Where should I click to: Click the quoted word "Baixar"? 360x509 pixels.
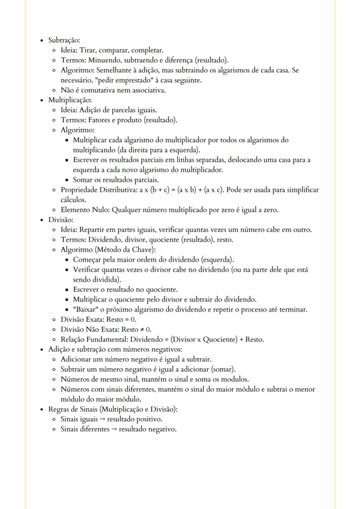(x=85, y=309)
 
